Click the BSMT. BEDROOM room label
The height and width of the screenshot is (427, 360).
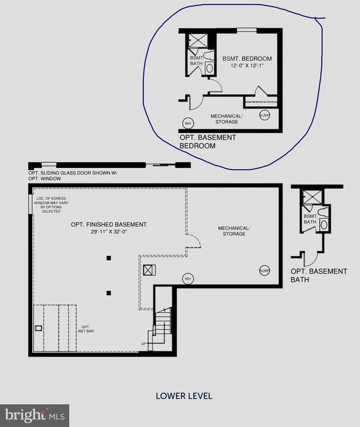point(247,58)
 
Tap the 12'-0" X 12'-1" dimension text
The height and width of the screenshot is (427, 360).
point(247,66)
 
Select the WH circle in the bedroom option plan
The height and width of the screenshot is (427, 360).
point(188,123)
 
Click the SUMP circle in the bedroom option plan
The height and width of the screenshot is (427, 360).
point(264,115)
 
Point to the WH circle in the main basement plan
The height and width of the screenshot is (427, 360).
point(188,278)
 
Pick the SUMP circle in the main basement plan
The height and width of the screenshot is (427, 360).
point(264,270)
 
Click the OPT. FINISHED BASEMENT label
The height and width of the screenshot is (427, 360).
point(109,225)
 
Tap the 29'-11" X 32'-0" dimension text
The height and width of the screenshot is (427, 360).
point(109,232)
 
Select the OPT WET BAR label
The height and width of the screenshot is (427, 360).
point(85,329)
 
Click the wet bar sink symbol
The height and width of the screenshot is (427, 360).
point(38,328)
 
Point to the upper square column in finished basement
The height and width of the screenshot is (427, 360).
point(109,257)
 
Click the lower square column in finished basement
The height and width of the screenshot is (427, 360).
point(109,292)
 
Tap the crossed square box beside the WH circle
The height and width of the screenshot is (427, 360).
point(148,270)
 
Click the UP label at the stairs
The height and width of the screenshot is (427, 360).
point(143,344)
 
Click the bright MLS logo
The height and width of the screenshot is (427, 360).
point(34,415)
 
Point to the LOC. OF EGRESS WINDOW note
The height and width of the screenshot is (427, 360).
point(54,205)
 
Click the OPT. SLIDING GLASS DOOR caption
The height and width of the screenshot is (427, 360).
point(73,176)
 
